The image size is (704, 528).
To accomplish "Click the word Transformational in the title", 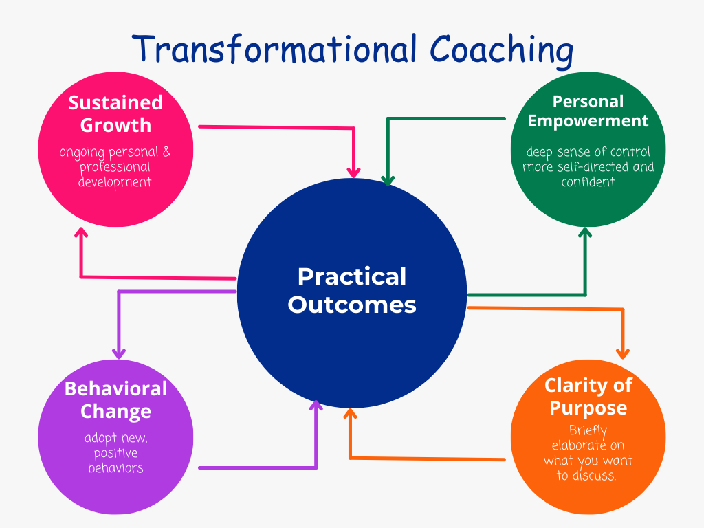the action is click(275, 49).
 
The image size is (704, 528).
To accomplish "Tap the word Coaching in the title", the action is click(501, 51).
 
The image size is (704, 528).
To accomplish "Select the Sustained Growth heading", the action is click(115, 114).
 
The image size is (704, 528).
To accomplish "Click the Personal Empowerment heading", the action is click(588, 111).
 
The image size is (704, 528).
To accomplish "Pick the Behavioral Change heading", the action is click(115, 400).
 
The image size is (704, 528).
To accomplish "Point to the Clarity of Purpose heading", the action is click(588, 397).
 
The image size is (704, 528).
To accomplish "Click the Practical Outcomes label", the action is click(352, 290).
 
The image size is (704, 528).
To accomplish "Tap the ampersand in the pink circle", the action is click(166, 151).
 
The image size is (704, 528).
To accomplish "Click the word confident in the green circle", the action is click(588, 181).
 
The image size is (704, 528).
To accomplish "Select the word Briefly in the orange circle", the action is click(588, 431).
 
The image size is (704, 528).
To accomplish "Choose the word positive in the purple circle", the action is click(115, 453).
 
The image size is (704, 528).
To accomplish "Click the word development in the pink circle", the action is click(115, 182).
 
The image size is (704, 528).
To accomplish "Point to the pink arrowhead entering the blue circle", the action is click(354, 173).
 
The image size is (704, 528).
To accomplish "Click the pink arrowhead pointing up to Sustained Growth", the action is click(81, 232).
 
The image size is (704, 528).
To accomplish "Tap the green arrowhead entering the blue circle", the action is click(388, 181).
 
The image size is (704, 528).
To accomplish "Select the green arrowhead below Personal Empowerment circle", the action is click(585, 232).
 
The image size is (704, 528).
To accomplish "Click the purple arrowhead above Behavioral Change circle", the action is click(118, 354).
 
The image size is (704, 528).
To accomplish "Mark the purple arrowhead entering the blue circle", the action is click(316, 406).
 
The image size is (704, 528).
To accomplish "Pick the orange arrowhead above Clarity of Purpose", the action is click(623, 354).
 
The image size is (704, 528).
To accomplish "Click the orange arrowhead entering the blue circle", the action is click(350, 414).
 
